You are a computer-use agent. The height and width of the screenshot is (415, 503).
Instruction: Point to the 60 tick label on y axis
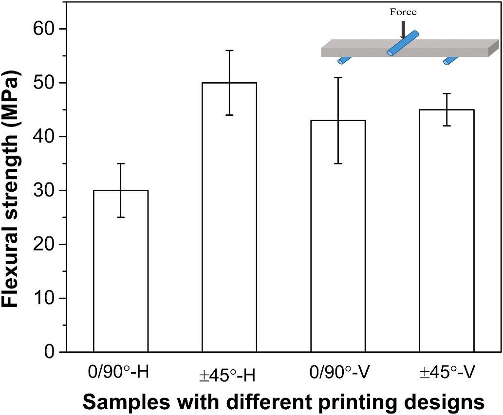pos(44,29)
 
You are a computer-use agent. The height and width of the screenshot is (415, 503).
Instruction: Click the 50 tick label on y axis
pos(44,83)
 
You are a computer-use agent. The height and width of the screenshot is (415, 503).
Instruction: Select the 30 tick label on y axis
pos(44,191)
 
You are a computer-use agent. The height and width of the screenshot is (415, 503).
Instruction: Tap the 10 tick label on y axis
pos(44,298)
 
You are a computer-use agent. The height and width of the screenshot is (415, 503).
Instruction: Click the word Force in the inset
pos(403,12)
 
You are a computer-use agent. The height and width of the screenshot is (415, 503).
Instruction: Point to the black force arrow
pos(403,30)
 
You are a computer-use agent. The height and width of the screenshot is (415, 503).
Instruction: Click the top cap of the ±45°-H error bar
pos(229,50)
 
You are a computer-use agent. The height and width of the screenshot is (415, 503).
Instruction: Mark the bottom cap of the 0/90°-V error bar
pos(338,163)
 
